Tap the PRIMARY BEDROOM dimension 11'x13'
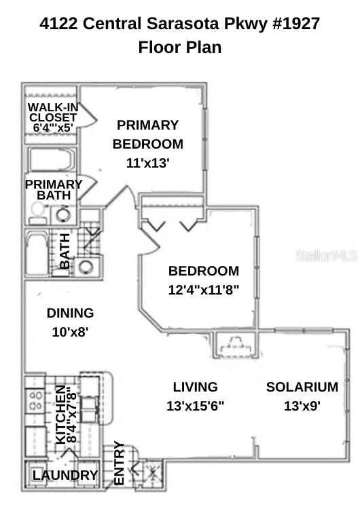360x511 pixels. [x=147, y=163]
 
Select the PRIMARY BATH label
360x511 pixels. [x=53, y=189]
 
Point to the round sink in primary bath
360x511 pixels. [x=63, y=215]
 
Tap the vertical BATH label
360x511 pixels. [x=65, y=251]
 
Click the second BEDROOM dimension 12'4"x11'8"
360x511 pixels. [x=204, y=290]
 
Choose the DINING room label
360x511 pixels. [x=70, y=314]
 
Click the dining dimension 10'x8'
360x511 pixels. [x=70, y=333]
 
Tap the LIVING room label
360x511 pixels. [x=195, y=387]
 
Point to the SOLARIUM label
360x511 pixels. [x=302, y=387]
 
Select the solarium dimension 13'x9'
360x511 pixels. [x=302, y=406]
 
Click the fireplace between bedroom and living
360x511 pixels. [x=233, y=346]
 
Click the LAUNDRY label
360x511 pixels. [x=65, y=476]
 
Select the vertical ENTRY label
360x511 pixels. [x=119, y=463]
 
